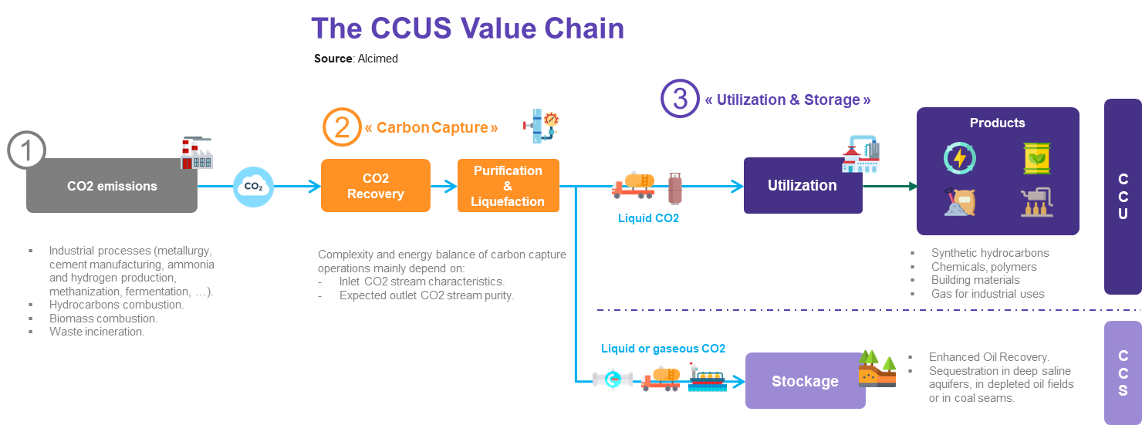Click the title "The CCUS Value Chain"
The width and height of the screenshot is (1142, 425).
click(467, 29)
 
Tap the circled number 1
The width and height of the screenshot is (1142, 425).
click(27, 150)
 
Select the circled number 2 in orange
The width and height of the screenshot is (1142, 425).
click(342, 127)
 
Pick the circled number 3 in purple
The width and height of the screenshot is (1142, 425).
click(680, 100)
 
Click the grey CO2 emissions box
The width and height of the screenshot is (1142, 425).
click(112, 186)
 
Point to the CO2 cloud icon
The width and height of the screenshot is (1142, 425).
click(253, 186)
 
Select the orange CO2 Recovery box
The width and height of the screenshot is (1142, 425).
click(375, 186)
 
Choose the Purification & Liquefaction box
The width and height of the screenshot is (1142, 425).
click(508, 186)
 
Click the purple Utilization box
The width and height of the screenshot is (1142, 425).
click(802, 186)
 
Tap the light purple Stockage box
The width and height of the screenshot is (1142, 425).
click(805, 381)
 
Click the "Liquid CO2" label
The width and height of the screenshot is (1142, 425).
click(648, 218)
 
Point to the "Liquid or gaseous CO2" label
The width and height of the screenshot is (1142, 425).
click(663, 349)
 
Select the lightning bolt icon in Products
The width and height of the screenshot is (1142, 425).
click(960, 157)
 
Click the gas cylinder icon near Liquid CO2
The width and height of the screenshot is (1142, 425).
click(674, 188)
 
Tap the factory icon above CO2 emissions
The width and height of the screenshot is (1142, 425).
click(196, 153)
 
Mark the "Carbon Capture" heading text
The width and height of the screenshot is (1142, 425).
click(431, 127)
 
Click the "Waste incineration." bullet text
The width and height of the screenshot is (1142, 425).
click(96, 332)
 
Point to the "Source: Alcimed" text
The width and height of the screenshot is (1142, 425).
click(356, 59)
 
